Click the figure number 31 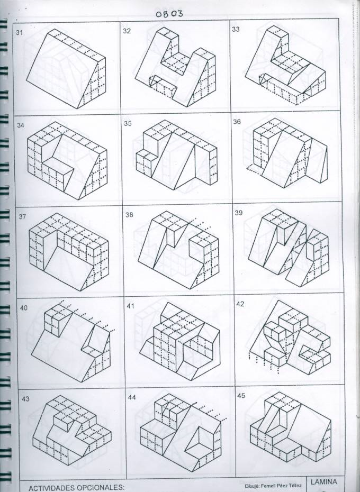pos(19,32)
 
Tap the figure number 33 pos(236,29)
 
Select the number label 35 pos(128,123)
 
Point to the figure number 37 pos(22,216)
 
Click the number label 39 pos(239,213)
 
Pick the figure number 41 pos(130,306)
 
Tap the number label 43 pos(25,399)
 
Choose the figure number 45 pos(241,396)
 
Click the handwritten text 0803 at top pos(169,14)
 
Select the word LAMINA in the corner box pos(323,481)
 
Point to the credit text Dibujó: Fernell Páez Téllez pos(273,486)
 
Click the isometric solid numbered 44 pos(181,432)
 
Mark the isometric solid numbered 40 pos(71,342)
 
